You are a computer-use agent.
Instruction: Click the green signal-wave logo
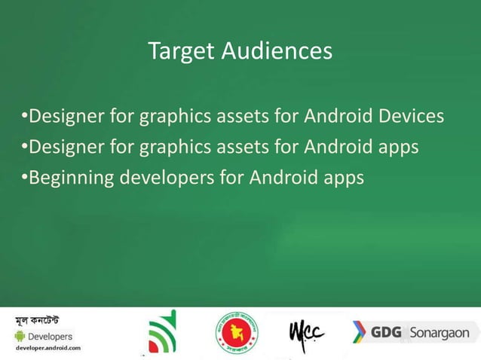(x=161, y=331)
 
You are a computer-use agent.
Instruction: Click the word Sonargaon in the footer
(x=440, y=332)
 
